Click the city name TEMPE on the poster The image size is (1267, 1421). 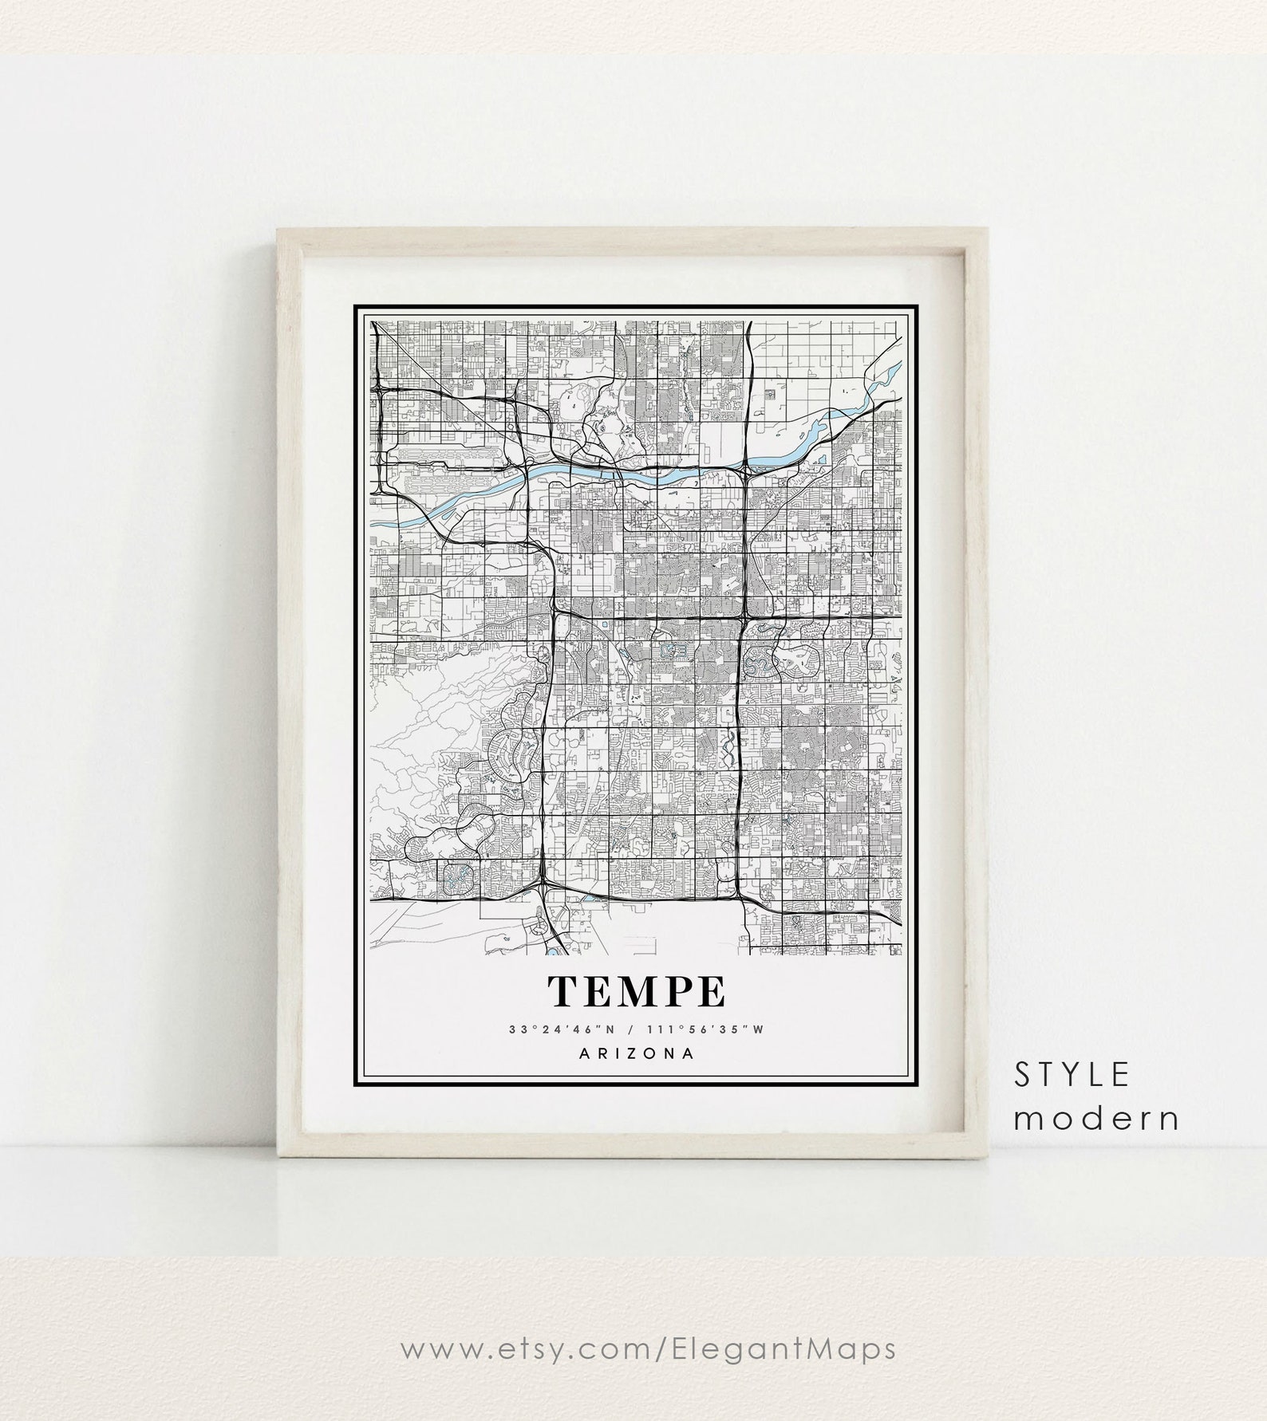[x=636, y=990]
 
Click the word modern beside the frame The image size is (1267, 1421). [x=1097, y=1119]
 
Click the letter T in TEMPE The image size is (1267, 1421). [x=562, y=990]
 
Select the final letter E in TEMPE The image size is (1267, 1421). [x=712, y=990]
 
